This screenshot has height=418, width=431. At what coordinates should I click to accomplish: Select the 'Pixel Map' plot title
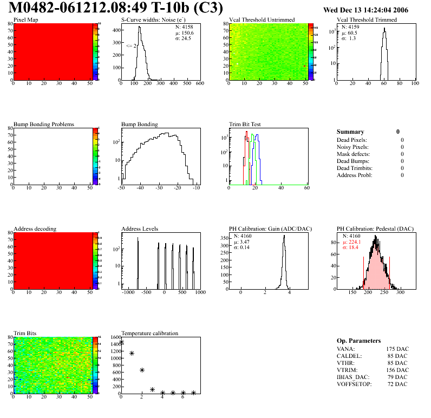tap(25, 20)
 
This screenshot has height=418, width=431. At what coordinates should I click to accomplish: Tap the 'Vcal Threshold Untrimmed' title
tap(262, 20)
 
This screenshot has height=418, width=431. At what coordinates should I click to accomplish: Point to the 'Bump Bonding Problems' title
tap(43, 125)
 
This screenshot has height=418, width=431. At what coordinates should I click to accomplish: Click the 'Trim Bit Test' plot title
tap(245, 125)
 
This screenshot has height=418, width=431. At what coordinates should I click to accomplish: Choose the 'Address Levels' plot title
tap(140, 229)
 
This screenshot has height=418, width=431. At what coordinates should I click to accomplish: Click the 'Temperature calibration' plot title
tap(149, 334)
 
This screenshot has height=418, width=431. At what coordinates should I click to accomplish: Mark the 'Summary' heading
tap(350, 132)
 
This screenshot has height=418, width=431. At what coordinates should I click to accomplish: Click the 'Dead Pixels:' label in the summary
tap(352, 140)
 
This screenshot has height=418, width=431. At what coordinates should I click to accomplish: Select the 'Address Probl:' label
tap(354, 175)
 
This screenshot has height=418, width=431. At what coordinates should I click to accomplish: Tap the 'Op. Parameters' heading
tap(358, 341)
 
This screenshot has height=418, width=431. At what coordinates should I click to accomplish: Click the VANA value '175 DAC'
tap(397, 349)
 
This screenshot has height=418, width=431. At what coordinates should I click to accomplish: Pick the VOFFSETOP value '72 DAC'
tap(399, 384)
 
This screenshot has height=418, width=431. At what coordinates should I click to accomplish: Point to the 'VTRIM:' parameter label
tap(347, 370)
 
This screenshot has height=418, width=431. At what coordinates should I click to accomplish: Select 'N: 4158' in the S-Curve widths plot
tap(184, 27)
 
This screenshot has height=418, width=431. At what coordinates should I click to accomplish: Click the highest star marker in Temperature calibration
tap(122, 342)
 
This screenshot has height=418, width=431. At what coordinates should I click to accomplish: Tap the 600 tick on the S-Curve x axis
tap(199, 83)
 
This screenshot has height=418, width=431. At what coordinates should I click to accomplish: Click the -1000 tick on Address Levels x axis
tap(128, 292)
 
